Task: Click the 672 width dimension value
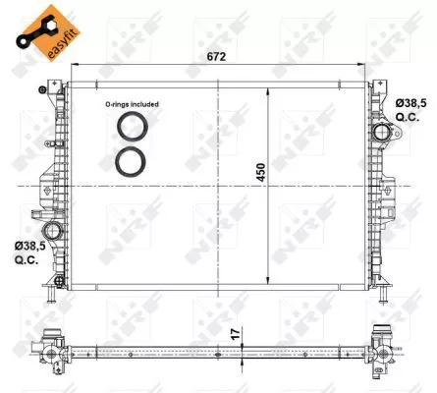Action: pos(216,58)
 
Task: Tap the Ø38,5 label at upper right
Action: pos(410,102)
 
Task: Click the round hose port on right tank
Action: pos(379,133)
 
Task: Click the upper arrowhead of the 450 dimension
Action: pos(268,89)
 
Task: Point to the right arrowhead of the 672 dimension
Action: pos(362,68)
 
